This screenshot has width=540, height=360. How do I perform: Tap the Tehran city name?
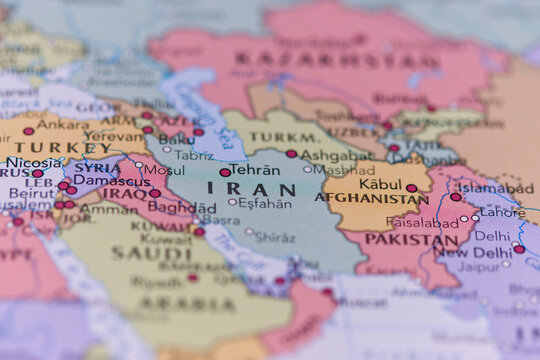[255, 170]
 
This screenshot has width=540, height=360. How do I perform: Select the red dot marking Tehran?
[225, 172]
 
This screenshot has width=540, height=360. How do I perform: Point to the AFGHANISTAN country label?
[371, 198]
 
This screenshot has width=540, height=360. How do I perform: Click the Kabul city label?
[380, 184]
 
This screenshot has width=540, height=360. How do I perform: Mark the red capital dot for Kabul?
[411, 188]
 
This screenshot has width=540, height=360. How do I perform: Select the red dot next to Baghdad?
[155, 193]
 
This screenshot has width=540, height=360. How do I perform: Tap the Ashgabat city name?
[336, 156]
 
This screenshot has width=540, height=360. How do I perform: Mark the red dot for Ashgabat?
[291, 154]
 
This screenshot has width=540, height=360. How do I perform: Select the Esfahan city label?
[265, 203]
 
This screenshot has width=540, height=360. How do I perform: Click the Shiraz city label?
[275, 237]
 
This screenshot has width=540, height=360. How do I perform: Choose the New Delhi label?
[473, 253]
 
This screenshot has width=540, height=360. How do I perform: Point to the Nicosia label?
[34, 162]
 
